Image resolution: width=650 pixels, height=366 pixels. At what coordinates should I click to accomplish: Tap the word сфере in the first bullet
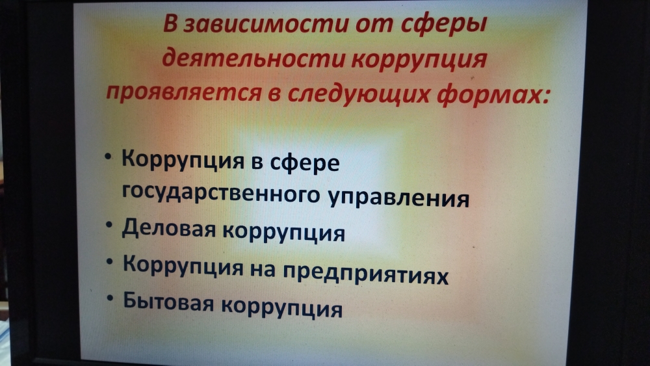[305, 163]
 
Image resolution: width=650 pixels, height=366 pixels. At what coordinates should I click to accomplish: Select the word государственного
[220, 194]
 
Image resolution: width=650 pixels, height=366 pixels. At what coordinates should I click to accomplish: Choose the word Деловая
[169, 229]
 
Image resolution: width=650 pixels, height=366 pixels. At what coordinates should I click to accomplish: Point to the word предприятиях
[365, 274]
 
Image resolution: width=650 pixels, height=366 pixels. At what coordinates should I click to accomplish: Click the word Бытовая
[168, 302]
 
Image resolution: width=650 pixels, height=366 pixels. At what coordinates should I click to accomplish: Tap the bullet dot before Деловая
[109, 225]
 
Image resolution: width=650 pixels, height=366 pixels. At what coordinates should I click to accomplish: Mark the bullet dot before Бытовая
[110, 298]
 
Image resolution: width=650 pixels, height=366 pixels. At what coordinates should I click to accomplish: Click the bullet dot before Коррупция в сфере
[108, 157]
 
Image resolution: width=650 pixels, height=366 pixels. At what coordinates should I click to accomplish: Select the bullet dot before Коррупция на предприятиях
[109, 261]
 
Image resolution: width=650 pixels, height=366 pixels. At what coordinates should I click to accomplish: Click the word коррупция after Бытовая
[282, 308]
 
